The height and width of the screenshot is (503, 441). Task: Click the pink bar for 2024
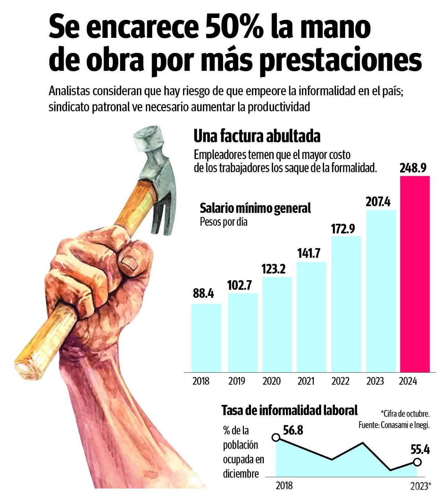point(415,274)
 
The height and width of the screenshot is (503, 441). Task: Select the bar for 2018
point(206,338)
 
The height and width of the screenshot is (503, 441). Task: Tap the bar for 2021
point(311,317)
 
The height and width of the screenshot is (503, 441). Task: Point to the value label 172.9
point(343,229)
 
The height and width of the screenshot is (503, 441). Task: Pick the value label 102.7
point(240,285)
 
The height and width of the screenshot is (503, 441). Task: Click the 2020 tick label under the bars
point(271,381)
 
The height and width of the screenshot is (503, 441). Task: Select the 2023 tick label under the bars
point(375,381)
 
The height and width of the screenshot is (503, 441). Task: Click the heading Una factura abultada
point(257,136)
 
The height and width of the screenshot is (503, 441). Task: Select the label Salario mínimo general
point(255,208)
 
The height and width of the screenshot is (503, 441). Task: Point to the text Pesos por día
point(223,222)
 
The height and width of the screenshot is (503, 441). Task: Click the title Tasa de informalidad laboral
point(289,410)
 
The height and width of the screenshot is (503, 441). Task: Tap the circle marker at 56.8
point(276,437)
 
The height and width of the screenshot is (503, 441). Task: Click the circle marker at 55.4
point(417,462)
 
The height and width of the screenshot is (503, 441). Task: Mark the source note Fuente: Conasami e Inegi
point(394,425)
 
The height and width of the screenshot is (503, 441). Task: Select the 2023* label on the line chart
point(420,486)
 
